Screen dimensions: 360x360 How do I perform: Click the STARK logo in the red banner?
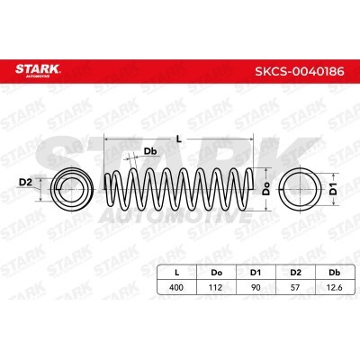[x=38, y=70]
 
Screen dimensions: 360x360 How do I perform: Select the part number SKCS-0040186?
[x=300, y=72]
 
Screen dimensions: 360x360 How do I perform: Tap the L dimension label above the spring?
[x=179, y=139]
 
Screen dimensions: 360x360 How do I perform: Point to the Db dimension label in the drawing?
[x=150, y=151]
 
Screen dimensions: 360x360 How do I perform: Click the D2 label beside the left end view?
[x=25, y=182]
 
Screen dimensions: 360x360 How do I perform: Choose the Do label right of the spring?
[x=266, y=189]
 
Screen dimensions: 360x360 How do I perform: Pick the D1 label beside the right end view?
[x=333, y=189]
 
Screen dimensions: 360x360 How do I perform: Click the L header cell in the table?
[x=177, y=273]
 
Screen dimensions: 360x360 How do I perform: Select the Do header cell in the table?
[x=216, y=273]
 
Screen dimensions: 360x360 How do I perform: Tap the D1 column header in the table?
[x=256, y=273]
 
